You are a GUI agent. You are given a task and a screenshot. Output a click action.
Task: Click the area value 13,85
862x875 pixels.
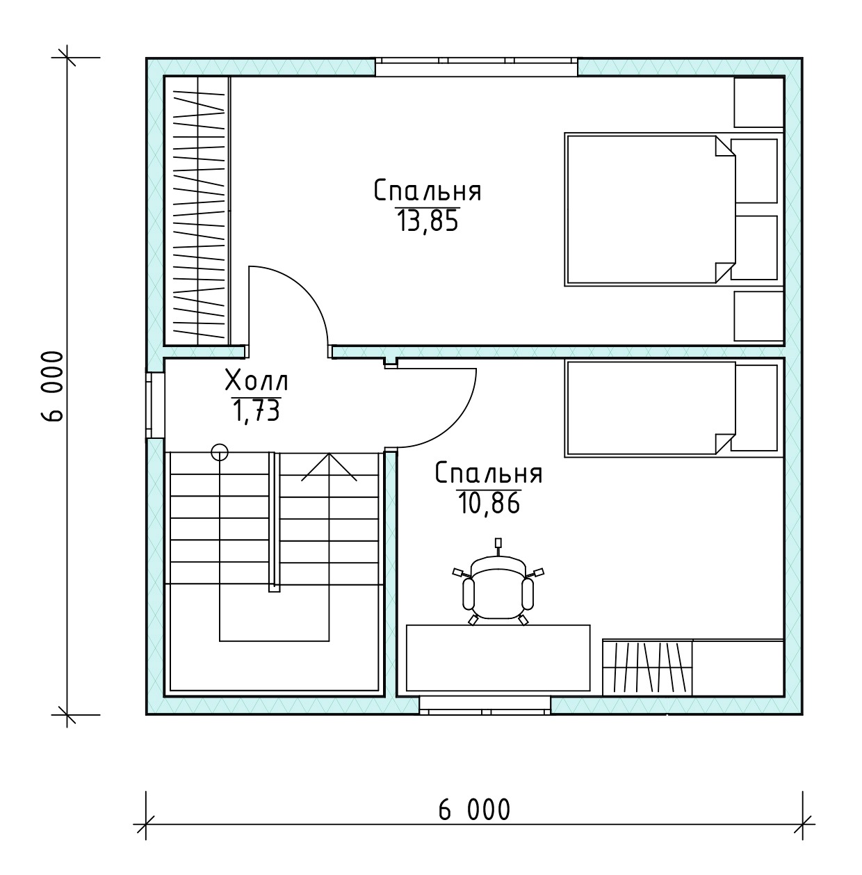pyautogui.click(x=428, y=222)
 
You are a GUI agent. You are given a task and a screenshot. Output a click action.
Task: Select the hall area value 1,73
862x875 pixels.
pyautogui.click(x=256, y=411)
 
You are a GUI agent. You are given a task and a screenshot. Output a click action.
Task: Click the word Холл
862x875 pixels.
pyautogui.click(x=257, y=380)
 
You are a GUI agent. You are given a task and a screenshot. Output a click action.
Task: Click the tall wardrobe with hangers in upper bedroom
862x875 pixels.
pyautogui.click(x=197, y=211)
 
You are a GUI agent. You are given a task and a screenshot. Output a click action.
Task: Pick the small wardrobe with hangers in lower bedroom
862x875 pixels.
pyautogui.click(x=647, y=668)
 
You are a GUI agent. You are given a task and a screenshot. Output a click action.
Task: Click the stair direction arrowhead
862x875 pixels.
pyautogui.click(x=329, y=466)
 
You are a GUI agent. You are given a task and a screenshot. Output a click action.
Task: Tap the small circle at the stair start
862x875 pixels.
pyautogui.click(x=220, y=452)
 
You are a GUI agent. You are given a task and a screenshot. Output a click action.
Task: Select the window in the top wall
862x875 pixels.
pyautogui.click(x=476, y=67)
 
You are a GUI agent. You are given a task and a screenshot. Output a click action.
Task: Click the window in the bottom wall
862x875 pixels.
pyautogui.click(x=485, y=705)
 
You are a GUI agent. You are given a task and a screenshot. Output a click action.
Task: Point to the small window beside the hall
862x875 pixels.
pyautogui.click(x=155, y=406)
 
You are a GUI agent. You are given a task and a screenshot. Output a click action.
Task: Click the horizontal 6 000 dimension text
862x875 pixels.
pyautogui.click(x=474, y=810)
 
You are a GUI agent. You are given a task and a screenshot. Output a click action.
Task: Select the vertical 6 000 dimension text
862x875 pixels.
pyautogui.click(x=53, y=387)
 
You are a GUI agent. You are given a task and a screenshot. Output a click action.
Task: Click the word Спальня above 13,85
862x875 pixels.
pyautogui.click(x=427, y=191)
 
